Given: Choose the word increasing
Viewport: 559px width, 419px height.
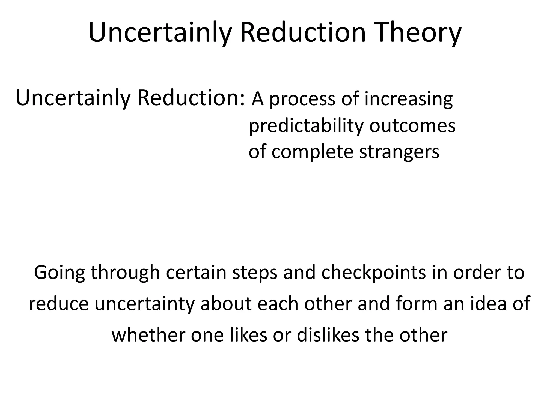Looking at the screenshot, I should point(409,100).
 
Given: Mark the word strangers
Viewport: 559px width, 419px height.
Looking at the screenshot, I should point(399,152).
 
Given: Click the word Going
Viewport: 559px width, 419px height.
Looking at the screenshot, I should point(59,273).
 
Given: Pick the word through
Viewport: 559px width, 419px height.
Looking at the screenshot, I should point(125,273).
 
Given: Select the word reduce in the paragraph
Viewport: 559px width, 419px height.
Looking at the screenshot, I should point(59,304).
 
